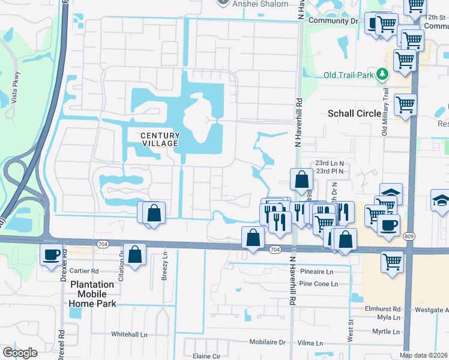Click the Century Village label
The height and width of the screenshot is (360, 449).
tap(159, 139)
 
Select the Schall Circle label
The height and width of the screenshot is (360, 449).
tap(354, 113)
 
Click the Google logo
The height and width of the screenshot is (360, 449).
tap(20, 352)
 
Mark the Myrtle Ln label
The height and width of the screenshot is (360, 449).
tap(386, 331)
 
